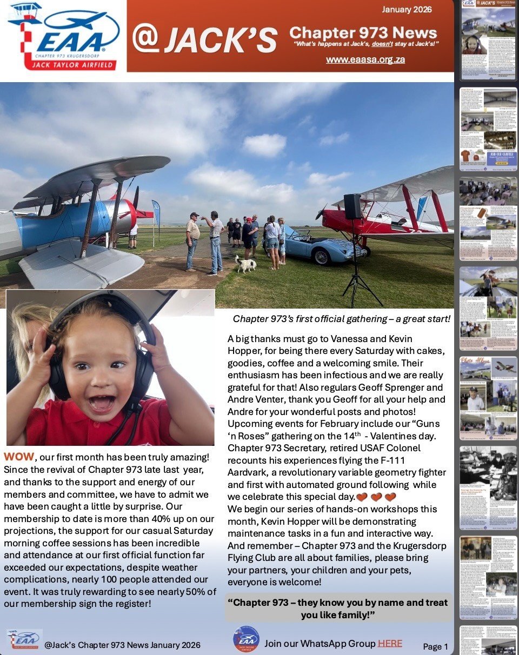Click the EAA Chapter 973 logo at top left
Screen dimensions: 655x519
[x=63, y=37]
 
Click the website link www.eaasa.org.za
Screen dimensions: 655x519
[x=365, y=59]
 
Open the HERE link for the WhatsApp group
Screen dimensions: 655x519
[x=390, y=643]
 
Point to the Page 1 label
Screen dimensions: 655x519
[x=435, y=646]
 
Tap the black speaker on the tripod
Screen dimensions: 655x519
[x=352, y=206]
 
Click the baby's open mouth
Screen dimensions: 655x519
[x=102, y=402]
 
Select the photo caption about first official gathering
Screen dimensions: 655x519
[x=342, y=319]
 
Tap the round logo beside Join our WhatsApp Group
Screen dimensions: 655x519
[x=246, y=639]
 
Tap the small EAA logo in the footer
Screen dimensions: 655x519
[x=24, y=639]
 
